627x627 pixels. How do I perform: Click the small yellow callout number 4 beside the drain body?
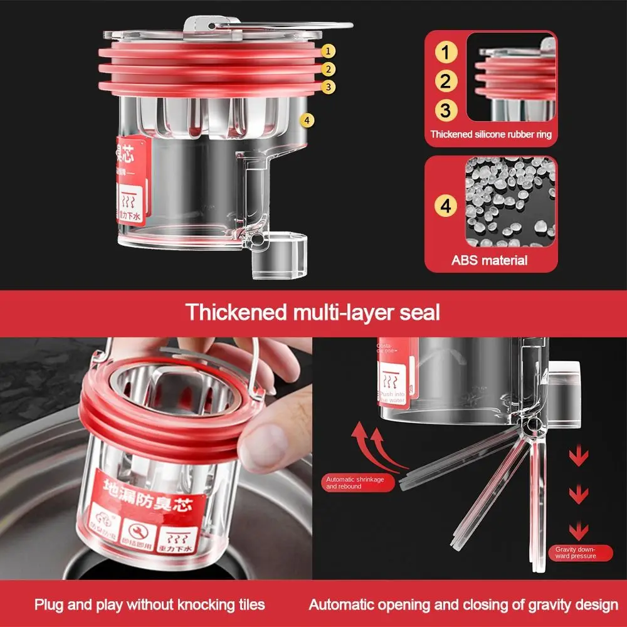(x=307, y=120)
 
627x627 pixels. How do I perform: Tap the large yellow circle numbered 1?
(x=445, y=53)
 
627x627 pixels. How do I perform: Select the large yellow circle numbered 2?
(x=445, y=82)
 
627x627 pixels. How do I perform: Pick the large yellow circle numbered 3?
(x=445, y=110)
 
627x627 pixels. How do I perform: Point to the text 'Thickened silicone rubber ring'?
(x=491, y=134)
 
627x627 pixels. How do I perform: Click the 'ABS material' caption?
(x=490, y=260)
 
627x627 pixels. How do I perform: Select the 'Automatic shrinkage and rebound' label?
(x=354, y=483)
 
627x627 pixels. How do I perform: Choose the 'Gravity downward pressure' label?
(x=575, y=552)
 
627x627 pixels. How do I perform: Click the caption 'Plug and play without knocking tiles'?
(x=150, y=605)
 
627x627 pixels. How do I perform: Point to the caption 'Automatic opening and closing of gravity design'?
(x=463, y=605)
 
